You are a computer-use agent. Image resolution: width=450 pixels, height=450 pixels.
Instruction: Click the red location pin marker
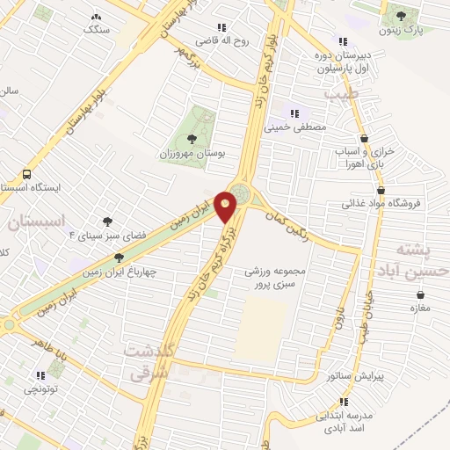[227, 206]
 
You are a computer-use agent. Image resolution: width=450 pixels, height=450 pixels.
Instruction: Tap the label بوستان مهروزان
[197, 152]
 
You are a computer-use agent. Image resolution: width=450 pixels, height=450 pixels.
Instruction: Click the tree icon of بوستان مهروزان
[192, 138]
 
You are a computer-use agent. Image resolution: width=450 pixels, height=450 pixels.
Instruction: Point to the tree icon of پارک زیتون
[402, 16]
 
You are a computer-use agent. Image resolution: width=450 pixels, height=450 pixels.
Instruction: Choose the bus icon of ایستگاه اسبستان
[27, 174]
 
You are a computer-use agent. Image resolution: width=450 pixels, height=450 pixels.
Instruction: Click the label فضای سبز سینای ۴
[107, 236]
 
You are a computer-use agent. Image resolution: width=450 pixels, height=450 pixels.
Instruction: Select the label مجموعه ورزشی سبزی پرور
[278, 278]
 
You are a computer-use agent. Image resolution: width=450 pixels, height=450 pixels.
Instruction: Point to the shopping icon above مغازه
[409, 294]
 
